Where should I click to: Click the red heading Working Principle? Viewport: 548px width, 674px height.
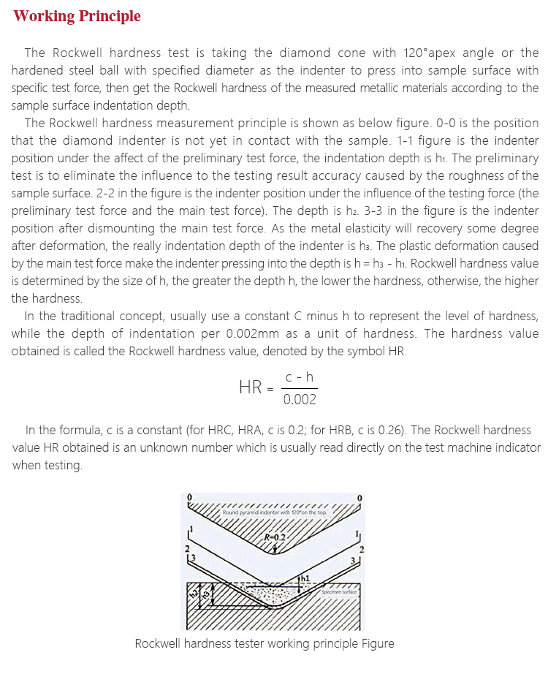tap(77, 16)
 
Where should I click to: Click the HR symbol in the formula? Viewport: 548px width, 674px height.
tap(251, 387)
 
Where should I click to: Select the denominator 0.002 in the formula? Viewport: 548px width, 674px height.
tap(300, 399)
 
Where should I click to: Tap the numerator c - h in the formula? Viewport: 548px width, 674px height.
tap(300, 376)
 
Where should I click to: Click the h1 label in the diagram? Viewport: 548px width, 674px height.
tap(305, 578)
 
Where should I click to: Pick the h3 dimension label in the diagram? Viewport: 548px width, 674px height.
tap(205, 597)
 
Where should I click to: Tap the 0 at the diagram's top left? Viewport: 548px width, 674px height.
tap(189, 497)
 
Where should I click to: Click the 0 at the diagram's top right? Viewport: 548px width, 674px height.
tap(359, 497)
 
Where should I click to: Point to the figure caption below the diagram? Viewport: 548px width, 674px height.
tap(265, 644)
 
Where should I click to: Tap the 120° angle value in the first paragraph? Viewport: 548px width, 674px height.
tap(418, 53)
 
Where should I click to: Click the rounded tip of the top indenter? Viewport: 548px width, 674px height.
tap(275, 552)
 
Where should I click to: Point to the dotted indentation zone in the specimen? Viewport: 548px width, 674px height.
tap(278, 596)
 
